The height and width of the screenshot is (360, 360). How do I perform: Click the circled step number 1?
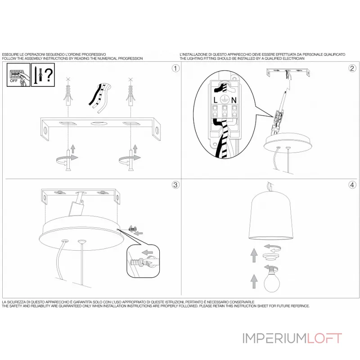[175, 68]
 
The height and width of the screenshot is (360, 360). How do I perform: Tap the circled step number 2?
[352, 68]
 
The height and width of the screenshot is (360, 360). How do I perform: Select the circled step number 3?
[175, 185]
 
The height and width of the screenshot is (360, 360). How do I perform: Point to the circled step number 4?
[352, 185]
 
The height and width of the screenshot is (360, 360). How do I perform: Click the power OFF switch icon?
[18, 75]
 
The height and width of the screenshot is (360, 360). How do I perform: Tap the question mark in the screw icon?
[49, 75]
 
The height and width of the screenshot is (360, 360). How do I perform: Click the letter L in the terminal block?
[216, 100]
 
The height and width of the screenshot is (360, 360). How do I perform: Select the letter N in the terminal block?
[234, 100]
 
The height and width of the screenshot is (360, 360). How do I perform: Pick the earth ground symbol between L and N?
[225, 100]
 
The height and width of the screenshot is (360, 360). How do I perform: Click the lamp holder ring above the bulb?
[271, 256]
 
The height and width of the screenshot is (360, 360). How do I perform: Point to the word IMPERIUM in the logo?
[274, 338]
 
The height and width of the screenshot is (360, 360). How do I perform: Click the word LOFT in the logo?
[324, 338]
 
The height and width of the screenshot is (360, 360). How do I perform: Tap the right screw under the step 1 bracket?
[130, 160]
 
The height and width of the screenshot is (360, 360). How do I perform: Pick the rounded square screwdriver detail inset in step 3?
[143, 261]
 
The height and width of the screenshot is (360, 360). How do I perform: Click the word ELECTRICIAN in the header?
[294, 58]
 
